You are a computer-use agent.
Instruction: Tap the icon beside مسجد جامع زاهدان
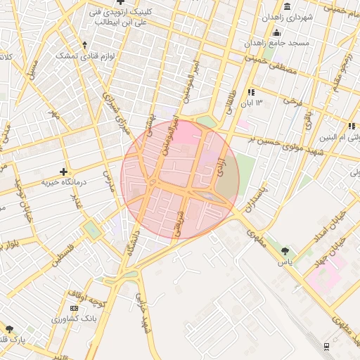point(276,32)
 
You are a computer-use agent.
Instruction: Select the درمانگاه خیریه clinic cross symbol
point(64,171)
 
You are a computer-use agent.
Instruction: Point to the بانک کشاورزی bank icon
point(75,308)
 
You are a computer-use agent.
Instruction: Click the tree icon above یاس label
point(285,250)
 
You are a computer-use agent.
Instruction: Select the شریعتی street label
point(179,220)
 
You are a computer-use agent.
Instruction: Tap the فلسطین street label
point(63,259)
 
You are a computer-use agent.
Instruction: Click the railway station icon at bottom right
point(327,345)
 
